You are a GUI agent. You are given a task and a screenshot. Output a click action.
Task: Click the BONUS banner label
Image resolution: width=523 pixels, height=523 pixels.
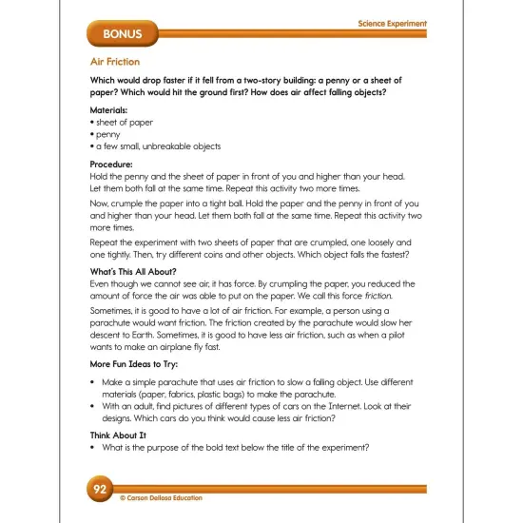click(117, 35)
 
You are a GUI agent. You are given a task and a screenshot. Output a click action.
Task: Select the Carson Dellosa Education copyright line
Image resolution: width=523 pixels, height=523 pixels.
click(162, 497)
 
